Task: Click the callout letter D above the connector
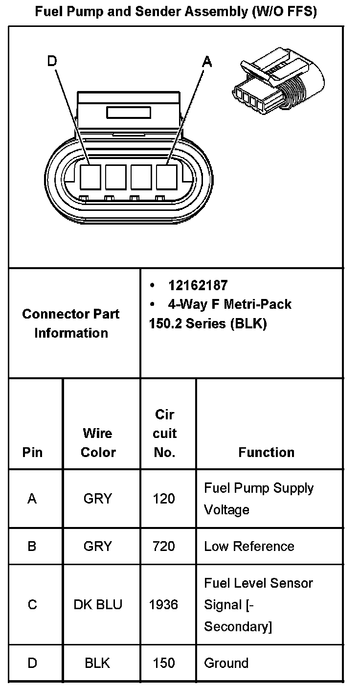pyautogui.click(x=52, y=61)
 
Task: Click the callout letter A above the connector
pyautogui.click(x=207, y=62)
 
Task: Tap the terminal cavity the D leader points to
pyautogui.click(x=90, y=177)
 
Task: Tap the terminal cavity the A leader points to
pyautogui.click(x=166, y=177)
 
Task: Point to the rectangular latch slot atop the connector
pyautogui.click(x=128, y=113)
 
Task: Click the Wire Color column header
pyautogui.click(x=97, y=442)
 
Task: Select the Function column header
pyautogui.click(x=266, y=452)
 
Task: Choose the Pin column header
pyautogui.click(x=32, y=452)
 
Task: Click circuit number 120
pyautogui.click(x=163, y=499)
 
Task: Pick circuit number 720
pyautogui.click(x=163, y=546)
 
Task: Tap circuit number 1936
pyautogui.click(x=163, y=605)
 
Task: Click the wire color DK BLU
pyautogui.click(x=97, y=605)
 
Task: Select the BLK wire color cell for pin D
pyautogui.click(x=97, y=663)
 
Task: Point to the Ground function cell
pyautogui.click(x=226, y=663)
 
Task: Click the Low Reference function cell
pyautogui.click(x=249, y=546)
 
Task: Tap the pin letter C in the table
pyautogui.click(x=32, y=605)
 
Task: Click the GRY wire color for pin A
pyautogui.click(x=97, y=499)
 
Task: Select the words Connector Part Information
pyautogui.click(x=71, y=323)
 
